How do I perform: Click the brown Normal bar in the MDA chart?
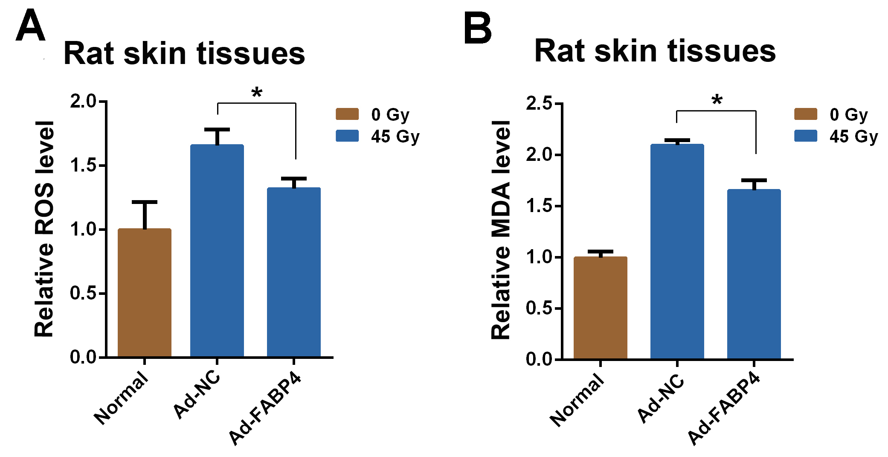point(600,308)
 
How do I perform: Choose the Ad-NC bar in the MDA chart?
point(677,252)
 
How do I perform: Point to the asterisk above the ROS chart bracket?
point(257,93)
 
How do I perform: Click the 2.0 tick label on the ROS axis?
point(84,102)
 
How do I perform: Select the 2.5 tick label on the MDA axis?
point(539,103)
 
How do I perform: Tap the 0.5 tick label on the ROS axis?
point(84,294)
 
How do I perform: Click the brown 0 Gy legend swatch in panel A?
point(347,114)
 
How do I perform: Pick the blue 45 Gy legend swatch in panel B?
point(806,136)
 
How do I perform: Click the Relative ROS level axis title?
point(44,229)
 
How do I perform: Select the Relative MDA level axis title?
point(501,230)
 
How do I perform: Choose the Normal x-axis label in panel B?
point(577,400)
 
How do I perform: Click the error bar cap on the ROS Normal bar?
point(145,202)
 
